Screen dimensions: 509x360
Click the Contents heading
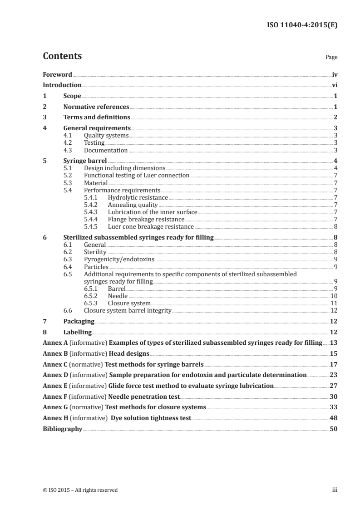tap(62, 56)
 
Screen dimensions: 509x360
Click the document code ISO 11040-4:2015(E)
tap(301, 25)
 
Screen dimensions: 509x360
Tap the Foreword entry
tap(57, 74)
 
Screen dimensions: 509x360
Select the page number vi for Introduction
tap(335, 85)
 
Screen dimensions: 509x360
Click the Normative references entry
tap(96, 107)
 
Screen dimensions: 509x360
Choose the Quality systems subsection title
tap(106, 136)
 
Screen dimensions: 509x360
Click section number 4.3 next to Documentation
tap(68, 150)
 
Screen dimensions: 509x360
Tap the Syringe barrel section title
tap(85, 161)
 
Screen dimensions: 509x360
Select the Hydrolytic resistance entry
tap(138, 198)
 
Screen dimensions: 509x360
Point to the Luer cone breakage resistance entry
tap(151, 227)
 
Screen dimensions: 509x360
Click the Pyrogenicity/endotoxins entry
tap(119, 259)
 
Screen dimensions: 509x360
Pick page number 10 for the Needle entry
tap(334, 296)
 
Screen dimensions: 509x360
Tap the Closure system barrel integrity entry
tap(128, 310)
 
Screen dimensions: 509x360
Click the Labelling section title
tap(79, 332)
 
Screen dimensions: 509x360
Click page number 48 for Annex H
tap(334, 418)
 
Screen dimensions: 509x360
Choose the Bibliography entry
tap(63, 429)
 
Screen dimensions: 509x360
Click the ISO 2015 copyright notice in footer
tap(80, 490)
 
